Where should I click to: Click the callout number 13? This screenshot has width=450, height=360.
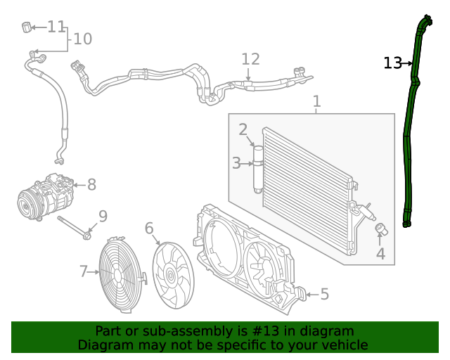392,63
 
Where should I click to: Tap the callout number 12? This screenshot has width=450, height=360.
250,59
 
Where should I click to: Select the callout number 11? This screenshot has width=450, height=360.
56,27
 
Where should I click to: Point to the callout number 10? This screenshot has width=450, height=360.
82,39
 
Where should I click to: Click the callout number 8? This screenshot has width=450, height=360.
91,185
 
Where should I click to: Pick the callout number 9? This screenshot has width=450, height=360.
103,216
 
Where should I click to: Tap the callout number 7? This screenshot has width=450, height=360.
83,271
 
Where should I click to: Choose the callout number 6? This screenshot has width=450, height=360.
149,228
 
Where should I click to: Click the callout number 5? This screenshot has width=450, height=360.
324,294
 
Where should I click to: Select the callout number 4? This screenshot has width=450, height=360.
380,254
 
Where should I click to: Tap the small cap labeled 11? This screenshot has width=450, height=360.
27,27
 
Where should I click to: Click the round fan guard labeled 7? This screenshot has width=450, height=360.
121,274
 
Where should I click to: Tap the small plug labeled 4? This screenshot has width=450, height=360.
380,229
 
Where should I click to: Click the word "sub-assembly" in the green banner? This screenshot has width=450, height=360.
172,330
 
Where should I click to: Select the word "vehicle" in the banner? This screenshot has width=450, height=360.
344,345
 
